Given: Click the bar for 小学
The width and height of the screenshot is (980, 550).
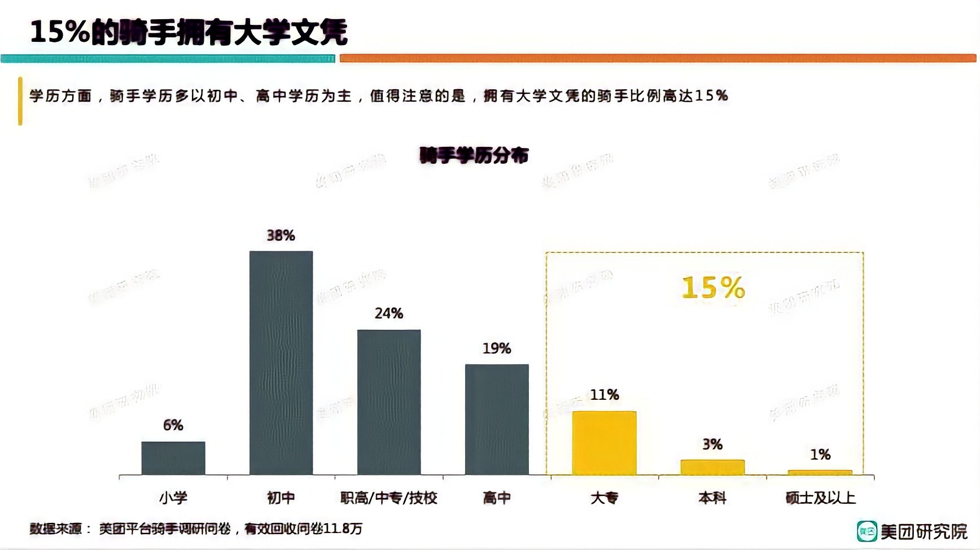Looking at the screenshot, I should point(173,458).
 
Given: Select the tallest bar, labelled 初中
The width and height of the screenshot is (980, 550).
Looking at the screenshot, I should point(281,363).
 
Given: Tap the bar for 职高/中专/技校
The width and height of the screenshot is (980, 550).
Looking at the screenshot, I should point(389,402).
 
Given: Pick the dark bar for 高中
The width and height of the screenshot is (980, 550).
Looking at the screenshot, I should point(497,419).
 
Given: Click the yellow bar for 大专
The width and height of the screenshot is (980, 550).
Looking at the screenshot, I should point(605,443).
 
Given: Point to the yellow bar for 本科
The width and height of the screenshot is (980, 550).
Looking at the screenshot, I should point(712,467).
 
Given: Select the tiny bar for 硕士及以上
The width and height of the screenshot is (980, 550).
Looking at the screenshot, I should point(820,472).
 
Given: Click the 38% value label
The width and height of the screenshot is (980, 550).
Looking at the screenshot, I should point(281,235).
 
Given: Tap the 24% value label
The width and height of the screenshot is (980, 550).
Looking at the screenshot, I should point(389,313).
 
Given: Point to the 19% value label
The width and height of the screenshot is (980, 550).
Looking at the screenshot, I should point(497,348).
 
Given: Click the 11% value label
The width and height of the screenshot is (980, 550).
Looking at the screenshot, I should point(605,395).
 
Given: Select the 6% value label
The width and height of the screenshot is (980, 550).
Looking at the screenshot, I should point(173,425).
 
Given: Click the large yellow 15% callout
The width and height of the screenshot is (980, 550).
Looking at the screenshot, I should point(714,288).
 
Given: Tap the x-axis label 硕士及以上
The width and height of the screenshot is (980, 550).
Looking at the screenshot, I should point(820,498).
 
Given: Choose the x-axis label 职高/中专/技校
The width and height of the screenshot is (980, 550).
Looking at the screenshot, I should point(389,498).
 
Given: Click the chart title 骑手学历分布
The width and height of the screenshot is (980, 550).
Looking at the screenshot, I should point(474,155).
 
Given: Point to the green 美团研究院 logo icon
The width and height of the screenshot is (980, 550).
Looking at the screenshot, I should point(867,531).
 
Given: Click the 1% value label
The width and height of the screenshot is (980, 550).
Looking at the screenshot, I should point(820,455).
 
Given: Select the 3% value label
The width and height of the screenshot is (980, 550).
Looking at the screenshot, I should point(712,444).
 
